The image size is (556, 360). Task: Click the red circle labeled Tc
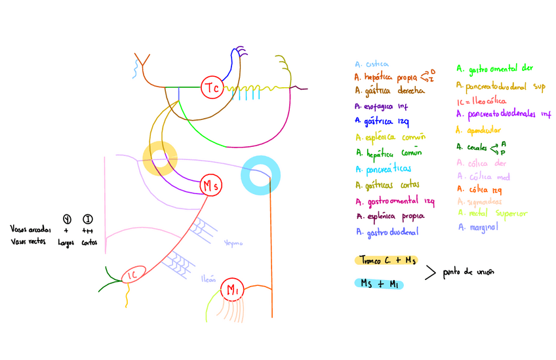tap(212, 87)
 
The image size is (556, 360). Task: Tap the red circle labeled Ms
tap(210, 186)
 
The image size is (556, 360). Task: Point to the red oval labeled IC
tap(133, 274)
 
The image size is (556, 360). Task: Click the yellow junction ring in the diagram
tap(160, 159)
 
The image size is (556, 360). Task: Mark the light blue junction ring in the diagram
tap(262, 175)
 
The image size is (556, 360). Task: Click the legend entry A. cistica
tap(372, 64)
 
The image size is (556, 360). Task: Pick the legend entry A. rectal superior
tap(492, 213)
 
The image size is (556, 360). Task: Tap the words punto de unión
tap(469, 271)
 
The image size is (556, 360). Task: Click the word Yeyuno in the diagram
tap(233, 242)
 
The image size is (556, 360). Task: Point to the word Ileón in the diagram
tap(209, 279)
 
